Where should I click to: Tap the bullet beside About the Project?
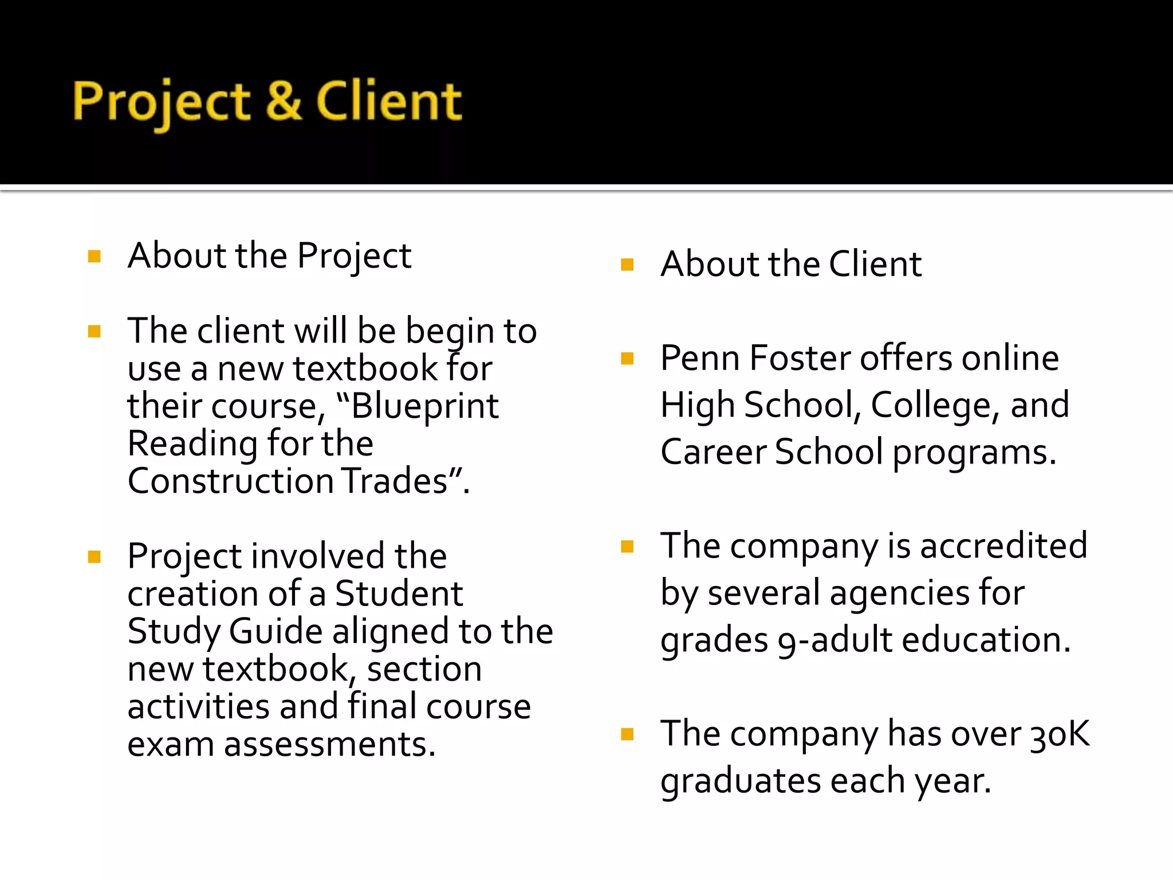[95, 256]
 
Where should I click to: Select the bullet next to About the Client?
[627, 265]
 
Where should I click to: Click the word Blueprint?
[424, 406]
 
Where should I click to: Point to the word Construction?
[231, 481]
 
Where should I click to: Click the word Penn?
[700, 358]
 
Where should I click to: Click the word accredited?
[1003, 545]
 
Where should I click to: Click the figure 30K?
[1060, 734]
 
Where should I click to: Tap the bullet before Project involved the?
[95, 557]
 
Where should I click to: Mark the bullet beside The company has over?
[627, 734]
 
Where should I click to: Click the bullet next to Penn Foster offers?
[627, 359]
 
